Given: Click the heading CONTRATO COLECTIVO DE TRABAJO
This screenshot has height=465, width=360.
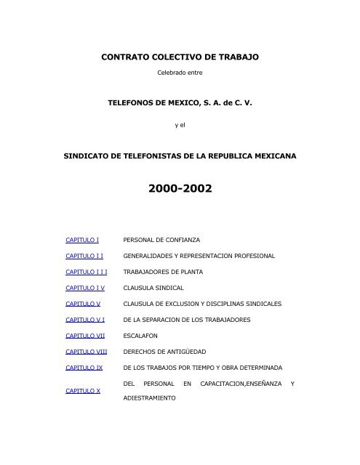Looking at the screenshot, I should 179,56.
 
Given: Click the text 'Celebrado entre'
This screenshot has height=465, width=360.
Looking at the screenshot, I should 179,73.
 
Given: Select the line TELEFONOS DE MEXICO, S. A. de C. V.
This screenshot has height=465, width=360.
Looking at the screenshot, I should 179,104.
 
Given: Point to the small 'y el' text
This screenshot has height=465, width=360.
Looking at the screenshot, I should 179,124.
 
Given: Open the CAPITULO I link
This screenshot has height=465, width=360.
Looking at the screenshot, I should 82,239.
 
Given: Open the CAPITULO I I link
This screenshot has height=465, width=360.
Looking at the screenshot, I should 84,256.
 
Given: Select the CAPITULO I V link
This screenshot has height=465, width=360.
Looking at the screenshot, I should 85,288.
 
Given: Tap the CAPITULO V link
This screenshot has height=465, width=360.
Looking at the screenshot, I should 83,304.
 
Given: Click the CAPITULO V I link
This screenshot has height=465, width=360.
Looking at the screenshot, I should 85,320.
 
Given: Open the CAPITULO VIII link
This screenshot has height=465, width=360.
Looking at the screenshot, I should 86,352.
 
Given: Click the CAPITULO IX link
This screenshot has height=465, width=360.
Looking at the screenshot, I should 84,368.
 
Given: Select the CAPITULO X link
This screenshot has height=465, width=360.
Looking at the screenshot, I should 83,391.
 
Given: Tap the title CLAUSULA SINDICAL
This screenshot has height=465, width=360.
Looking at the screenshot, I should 153,288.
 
